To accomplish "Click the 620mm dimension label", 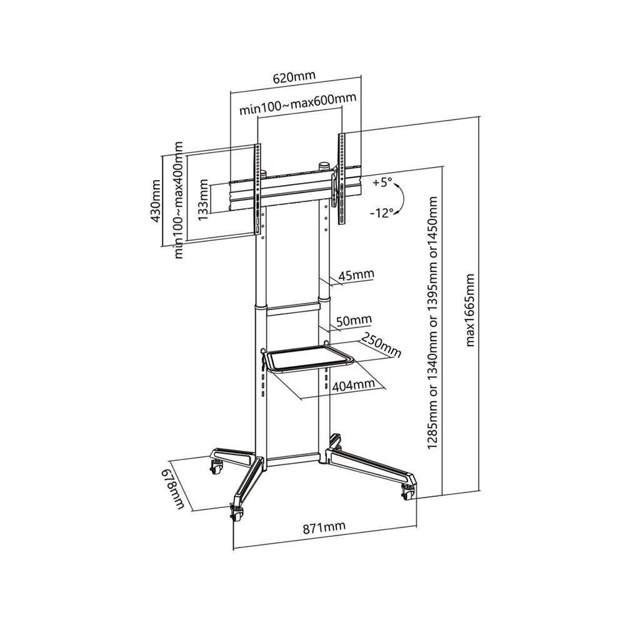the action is [294, 77].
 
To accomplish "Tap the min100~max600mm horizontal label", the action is [297, 104].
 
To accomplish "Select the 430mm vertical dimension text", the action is [155, 201].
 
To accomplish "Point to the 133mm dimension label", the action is [203, 200].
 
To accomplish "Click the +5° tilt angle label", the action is [382, 183].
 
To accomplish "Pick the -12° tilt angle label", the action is [381, 213].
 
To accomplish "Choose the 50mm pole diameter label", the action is [354, 321].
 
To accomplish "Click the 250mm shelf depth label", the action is [381, 345].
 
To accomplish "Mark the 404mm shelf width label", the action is [354, 385].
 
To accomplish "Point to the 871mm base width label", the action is [324, 527].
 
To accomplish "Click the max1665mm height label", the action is [471, 310].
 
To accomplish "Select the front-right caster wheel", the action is [408, 492].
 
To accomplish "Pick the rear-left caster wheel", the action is [216, 466].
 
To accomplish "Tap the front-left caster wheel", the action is [237, 513].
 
